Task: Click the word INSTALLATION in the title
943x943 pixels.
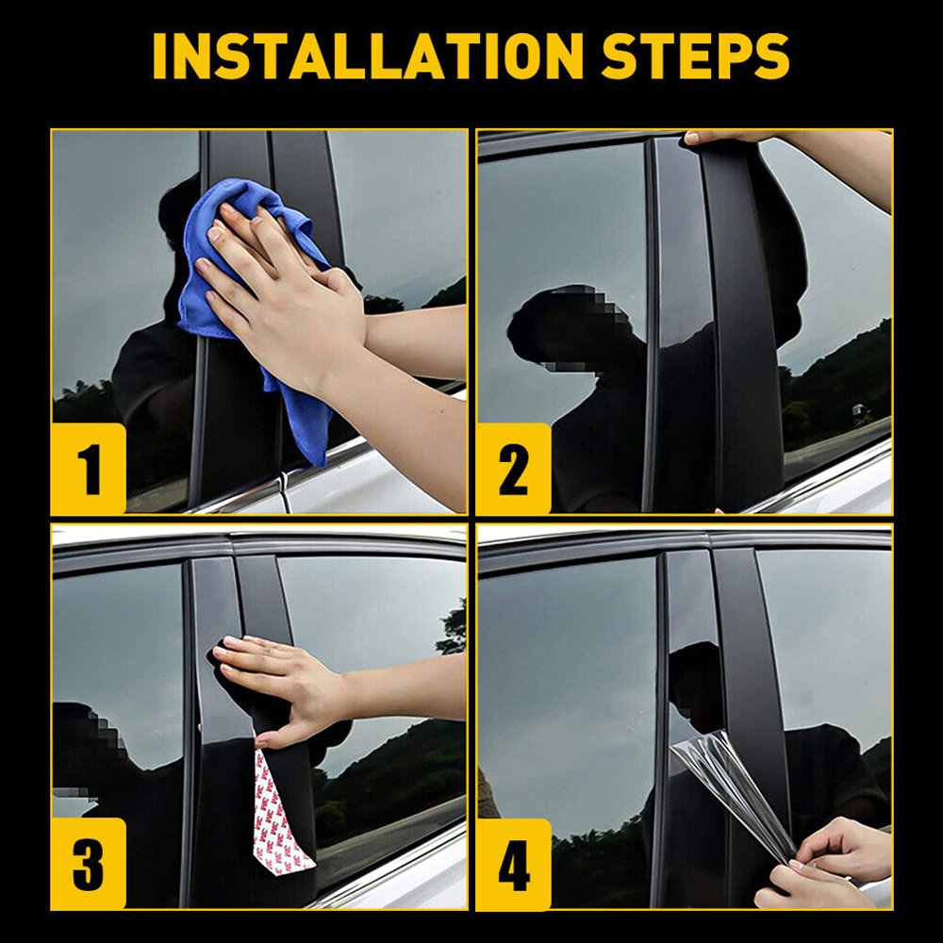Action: click(368, 56)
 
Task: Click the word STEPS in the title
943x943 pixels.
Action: click(695, 56)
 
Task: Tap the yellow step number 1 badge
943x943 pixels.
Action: click(89, 469)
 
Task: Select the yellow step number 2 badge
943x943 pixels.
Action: click(513, 469)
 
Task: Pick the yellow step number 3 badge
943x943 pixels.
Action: click(89, 863)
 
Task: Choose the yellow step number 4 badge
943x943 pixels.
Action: click(513, 864)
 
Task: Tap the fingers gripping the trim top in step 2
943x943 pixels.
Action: click(721, 137)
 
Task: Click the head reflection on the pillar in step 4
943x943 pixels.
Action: click(696, 686)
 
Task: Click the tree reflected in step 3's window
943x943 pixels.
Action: click(453, 628)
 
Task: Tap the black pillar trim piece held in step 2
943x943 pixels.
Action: click(746, 319)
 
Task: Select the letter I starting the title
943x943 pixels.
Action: click(159, 56)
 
